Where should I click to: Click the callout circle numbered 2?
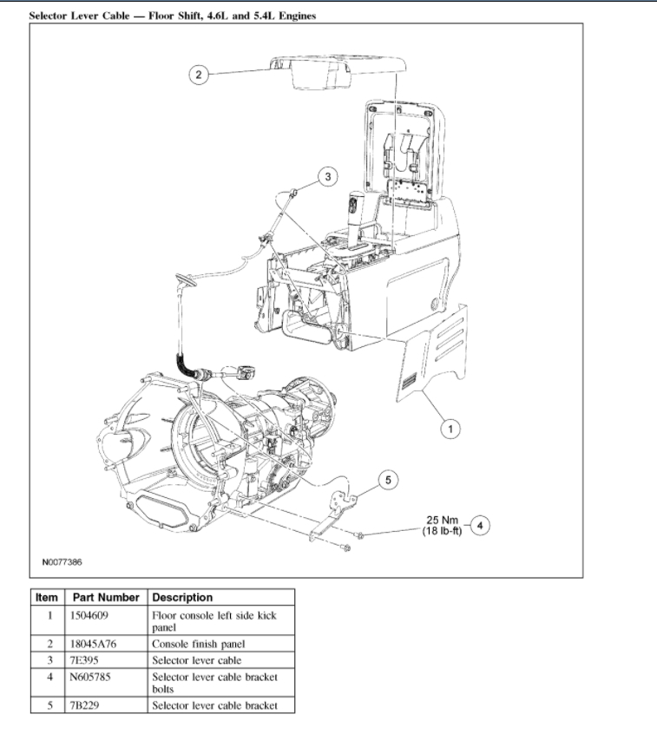pos(198,75)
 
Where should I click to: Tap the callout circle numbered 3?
pos(327,177)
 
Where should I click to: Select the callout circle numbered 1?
pos(449,428)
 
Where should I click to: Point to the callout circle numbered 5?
pos(388,479)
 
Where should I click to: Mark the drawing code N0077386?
pos(62,562)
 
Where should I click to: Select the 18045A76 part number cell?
pos(94,645)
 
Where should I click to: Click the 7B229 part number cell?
pos(85,705)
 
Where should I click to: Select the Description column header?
pos(182,598)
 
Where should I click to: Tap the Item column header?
pos(47,598)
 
